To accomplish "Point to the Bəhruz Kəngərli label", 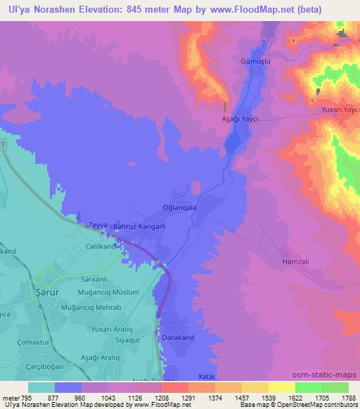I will [x=140, y=226].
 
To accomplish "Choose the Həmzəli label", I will [x=293, y=259].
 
